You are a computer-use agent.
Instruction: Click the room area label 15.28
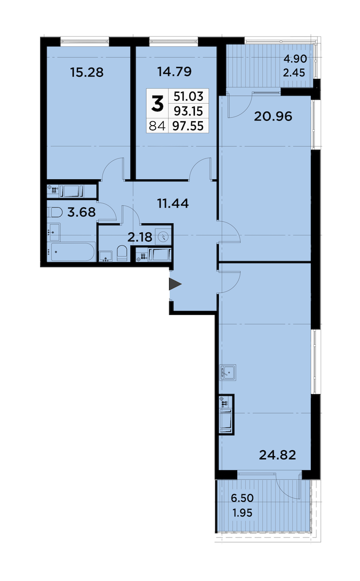pyautogui.click(x=87, y=72)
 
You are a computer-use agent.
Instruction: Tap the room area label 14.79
pyautogui.click(x=174, y=71)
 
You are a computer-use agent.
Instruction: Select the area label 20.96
pyautogui.click(x=273, y=116)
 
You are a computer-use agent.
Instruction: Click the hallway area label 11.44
pyautogui.click(x=173, y=203)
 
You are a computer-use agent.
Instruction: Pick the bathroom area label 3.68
pyautogui.click(x=82, y=212)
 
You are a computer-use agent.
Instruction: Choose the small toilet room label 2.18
pyautogui.click(x=140, y=237)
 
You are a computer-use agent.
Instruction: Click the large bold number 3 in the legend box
pyautogui.click(x=158, y=104)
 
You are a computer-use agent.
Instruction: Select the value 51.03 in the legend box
pyautogui.click(x=188, y=96)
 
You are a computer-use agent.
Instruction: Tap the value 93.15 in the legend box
pyautogui.click(x=188, y=111)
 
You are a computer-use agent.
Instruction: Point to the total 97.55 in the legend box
pyautogui.click(x=188, y=126)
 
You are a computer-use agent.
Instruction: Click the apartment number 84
pyautogui.click(x=157, y=126)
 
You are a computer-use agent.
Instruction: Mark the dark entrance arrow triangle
pyautogui.click(x=175, y=284)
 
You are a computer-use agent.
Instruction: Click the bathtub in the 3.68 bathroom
pyautogui.click(x=73, y=252)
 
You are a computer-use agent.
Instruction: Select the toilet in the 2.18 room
pyautogui.click(x=122, y=253)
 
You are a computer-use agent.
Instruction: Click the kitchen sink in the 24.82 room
pyautogui.click(x=228, y=373)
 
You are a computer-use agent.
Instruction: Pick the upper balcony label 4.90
pyautogui.click(x=295, y=59)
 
